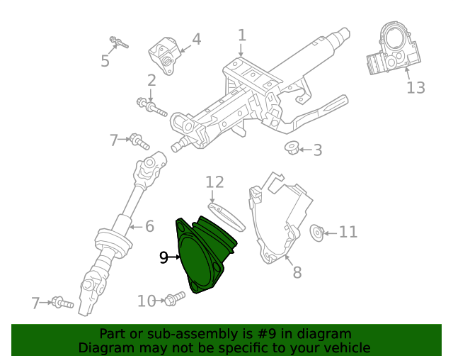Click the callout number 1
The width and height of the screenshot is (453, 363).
(241, 35)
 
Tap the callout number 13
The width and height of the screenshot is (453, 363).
(415, 87)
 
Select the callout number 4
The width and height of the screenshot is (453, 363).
(196, 39)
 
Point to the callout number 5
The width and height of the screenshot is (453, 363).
(105, 61)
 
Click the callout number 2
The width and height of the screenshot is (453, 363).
(151, 80)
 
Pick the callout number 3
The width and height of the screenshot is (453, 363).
(317, 150)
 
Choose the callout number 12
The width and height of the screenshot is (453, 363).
(214, 182)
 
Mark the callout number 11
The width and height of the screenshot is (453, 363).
(348, 232)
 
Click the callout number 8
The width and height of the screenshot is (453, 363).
(297, 272)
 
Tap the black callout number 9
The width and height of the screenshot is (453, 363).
(164, 257)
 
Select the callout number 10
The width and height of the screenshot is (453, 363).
(147, 301)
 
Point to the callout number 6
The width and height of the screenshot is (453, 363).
(149, 227)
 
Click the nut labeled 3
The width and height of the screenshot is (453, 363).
(291, 148)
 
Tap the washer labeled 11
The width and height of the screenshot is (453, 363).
(318, 231)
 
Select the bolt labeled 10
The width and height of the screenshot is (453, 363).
(173, 300)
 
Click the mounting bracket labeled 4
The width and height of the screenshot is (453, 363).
(165, 55)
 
